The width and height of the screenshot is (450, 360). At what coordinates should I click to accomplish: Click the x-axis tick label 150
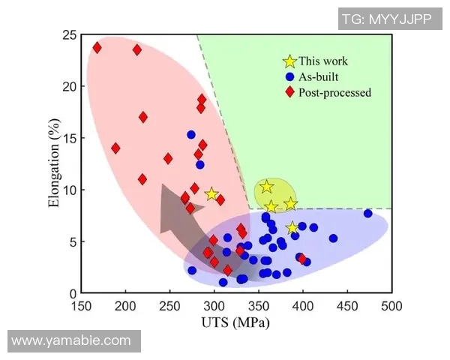[82, 307]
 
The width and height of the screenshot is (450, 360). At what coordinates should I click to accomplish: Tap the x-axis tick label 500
[391, 307]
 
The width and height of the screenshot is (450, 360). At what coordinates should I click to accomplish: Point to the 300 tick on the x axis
[214, 307]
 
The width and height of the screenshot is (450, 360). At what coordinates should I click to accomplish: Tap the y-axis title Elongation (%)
[54, 164]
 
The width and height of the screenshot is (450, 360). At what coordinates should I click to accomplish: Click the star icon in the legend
[289, 61]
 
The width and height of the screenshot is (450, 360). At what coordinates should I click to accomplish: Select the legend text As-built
[319, 76]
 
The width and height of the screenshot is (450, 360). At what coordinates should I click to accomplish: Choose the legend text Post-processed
[334, 92]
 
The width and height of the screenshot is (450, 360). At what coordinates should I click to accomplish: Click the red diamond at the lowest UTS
[97, 48]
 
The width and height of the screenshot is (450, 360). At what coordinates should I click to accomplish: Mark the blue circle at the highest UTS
[367, 214]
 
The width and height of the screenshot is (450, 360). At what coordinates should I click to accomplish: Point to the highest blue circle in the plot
[191, 135]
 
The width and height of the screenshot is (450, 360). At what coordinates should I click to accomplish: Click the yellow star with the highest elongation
[267, 187]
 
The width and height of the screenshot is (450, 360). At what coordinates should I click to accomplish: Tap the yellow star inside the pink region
[211, 194]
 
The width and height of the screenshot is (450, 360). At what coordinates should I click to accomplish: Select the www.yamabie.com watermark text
[72, 340]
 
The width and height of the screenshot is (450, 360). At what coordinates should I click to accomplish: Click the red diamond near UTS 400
[303, 259]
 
